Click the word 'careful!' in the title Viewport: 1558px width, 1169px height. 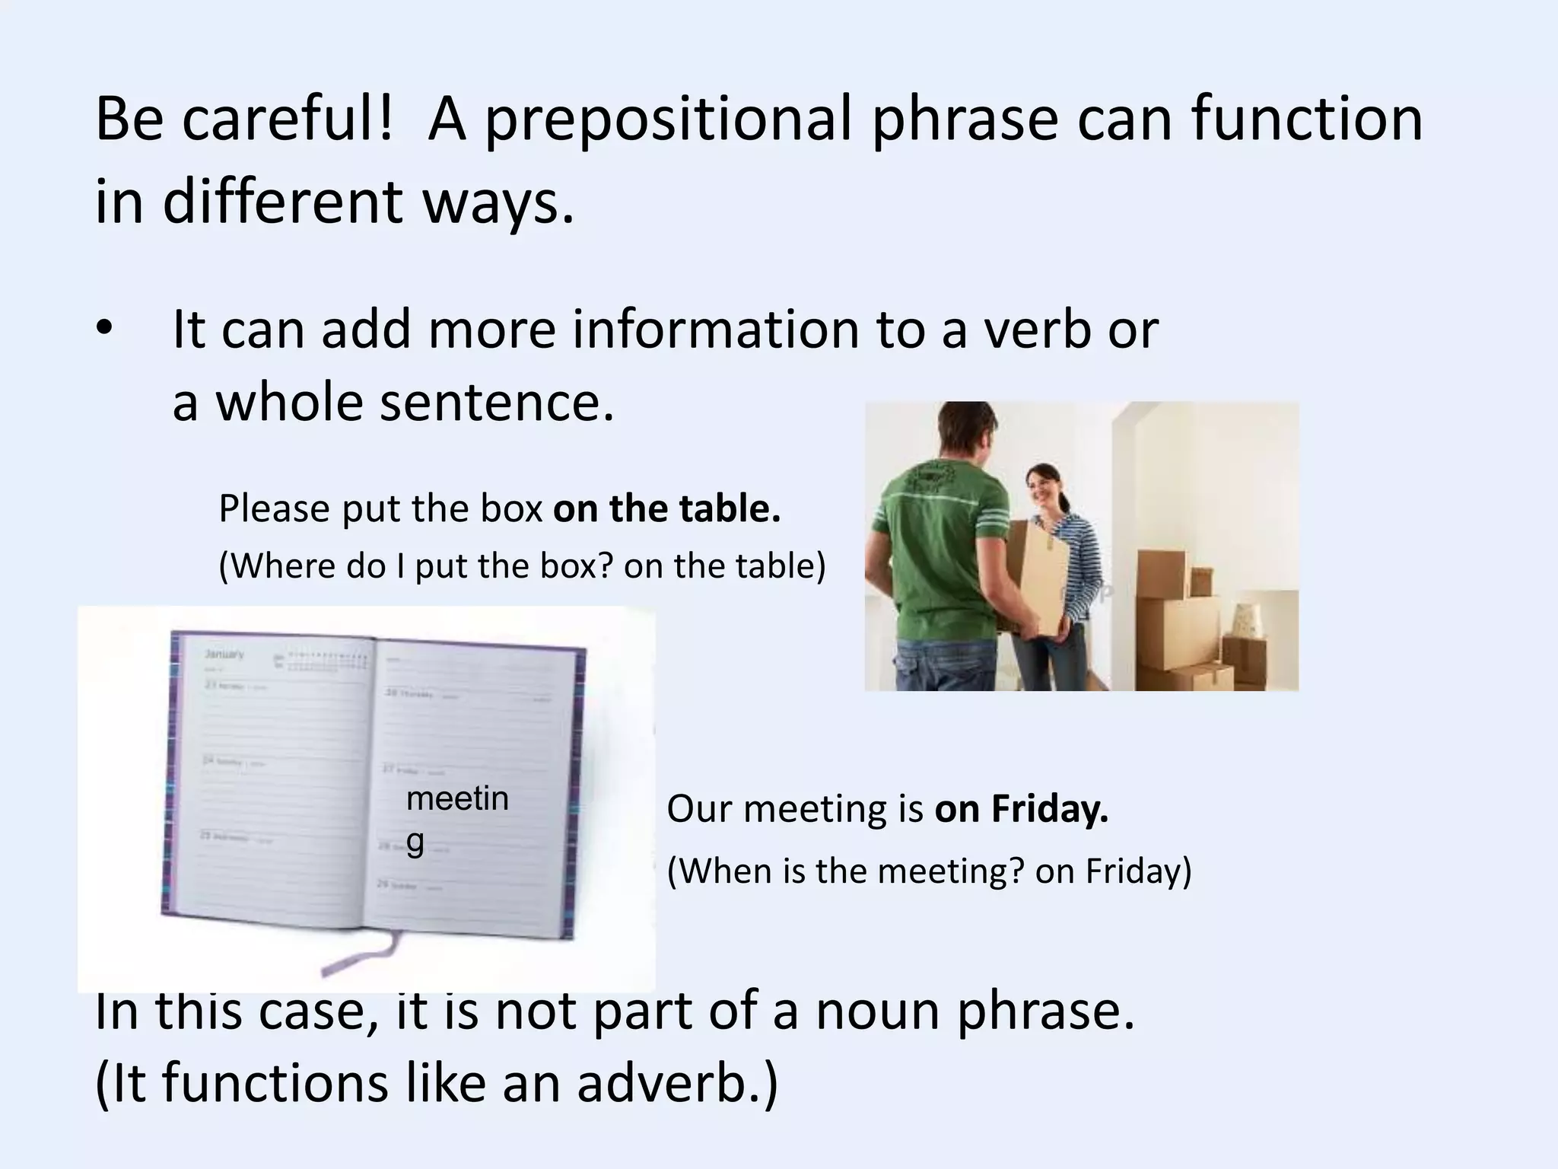[288, 119]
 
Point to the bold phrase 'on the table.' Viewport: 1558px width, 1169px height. [666, 508]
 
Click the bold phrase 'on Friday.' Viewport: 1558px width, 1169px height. [1021, 808]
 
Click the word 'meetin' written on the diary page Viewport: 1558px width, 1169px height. [457, 798]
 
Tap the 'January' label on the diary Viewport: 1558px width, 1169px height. [224, 655]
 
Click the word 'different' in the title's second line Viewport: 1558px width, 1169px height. [282, 202]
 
